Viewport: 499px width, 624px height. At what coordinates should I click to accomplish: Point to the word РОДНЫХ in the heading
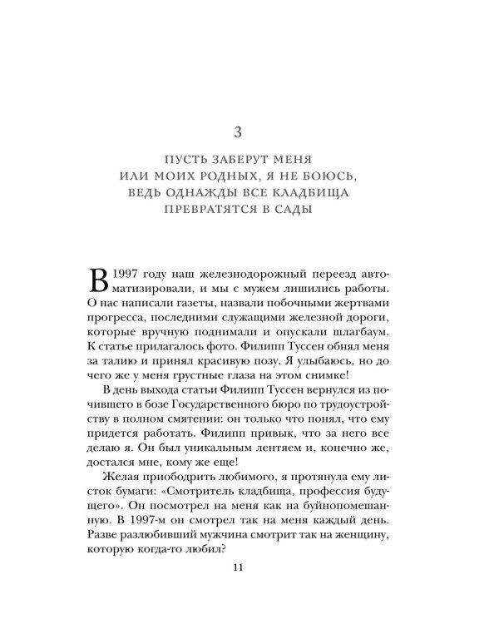pyautogui.click(x=249, y=177)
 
